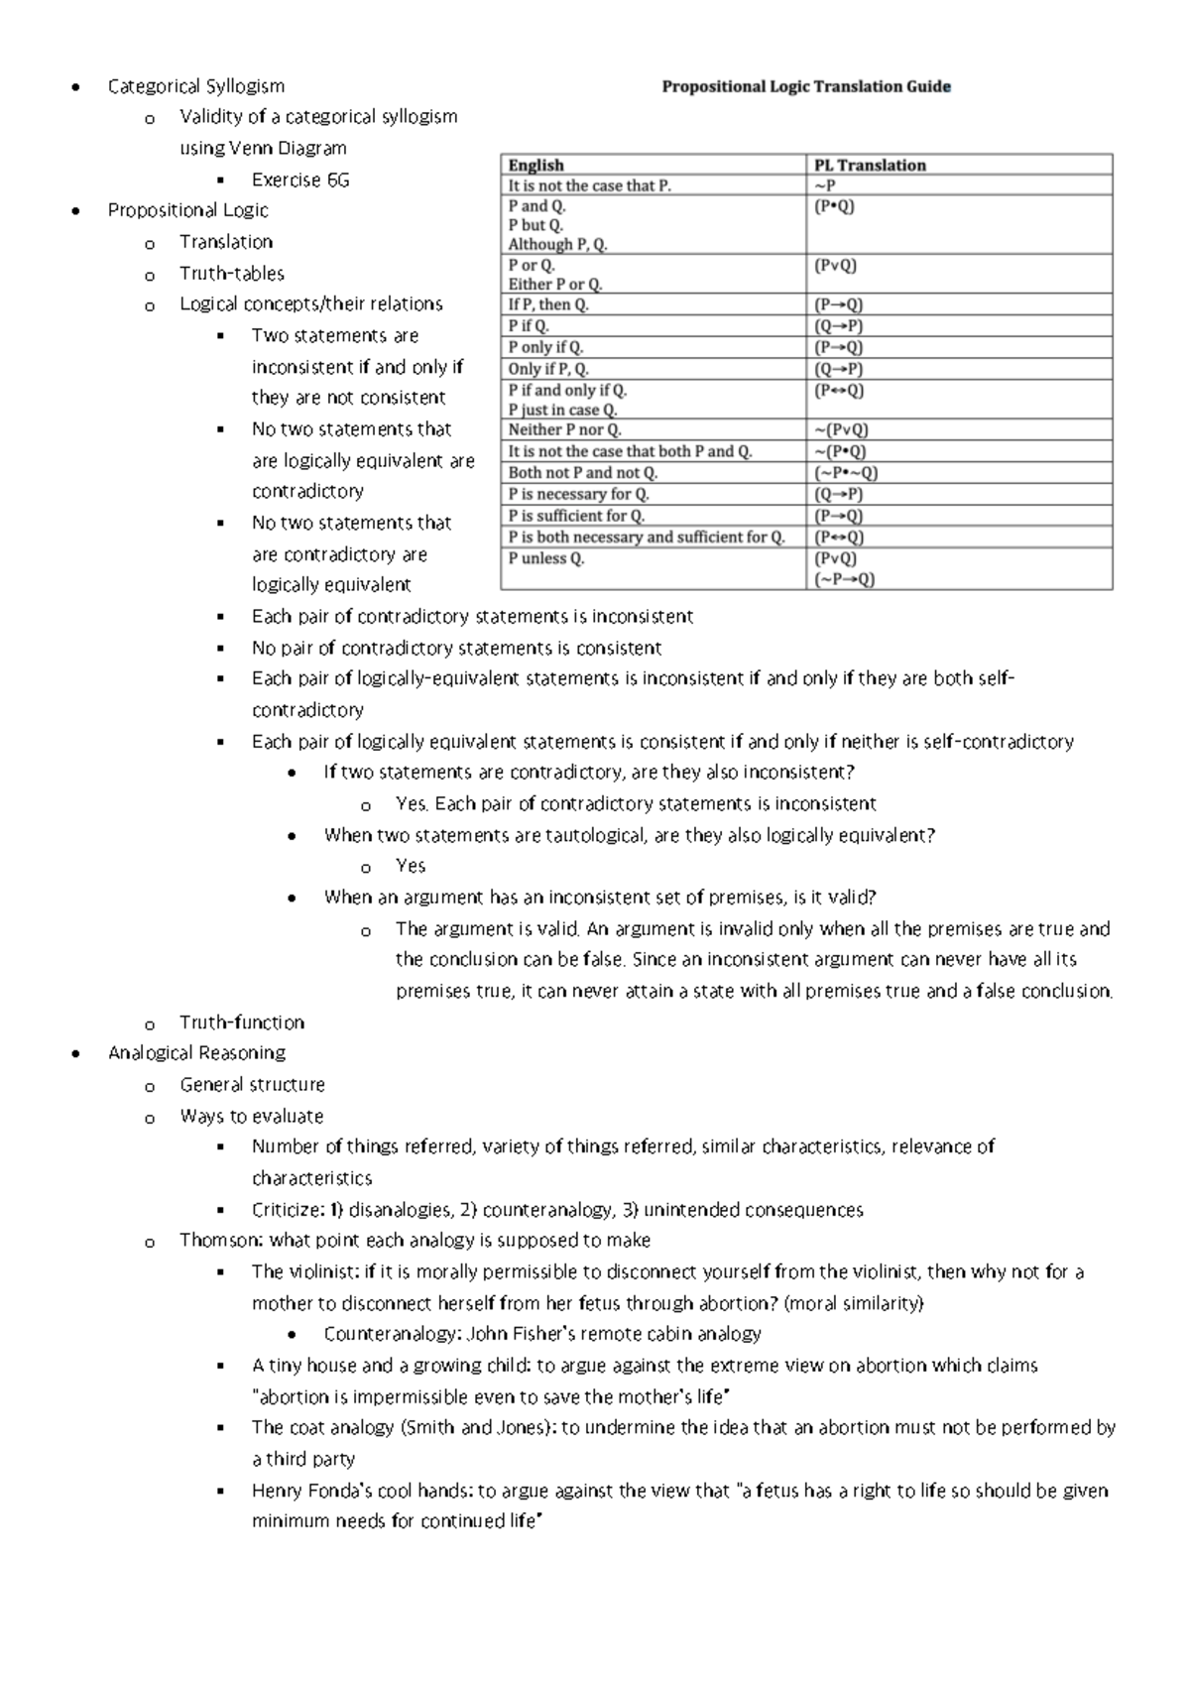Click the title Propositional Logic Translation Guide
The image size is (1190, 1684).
tap(806, 87)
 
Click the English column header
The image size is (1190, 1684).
tap(535, 165)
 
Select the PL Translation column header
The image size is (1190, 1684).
tap(870, 165)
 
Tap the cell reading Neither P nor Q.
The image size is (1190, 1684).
tap(564, 430)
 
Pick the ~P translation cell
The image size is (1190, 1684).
tap(825, 185)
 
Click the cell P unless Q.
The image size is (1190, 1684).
tap(546, 559)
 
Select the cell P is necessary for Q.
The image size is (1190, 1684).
tap(579, 495)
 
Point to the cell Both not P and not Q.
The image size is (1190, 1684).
tap(582, 473)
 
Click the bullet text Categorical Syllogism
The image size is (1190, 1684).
tap(195, 86)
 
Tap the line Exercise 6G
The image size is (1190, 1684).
tap(299, 180)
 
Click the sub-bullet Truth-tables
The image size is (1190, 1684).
tap(231, 274)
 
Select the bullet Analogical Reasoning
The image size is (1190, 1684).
tap(196, 1053)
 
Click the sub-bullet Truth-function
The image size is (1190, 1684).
tap(241, 1022)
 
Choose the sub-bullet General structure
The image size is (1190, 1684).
tap(252, 1085)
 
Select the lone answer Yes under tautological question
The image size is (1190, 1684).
tap(410, 866)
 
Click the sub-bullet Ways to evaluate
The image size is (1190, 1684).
tap(251, 1117)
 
